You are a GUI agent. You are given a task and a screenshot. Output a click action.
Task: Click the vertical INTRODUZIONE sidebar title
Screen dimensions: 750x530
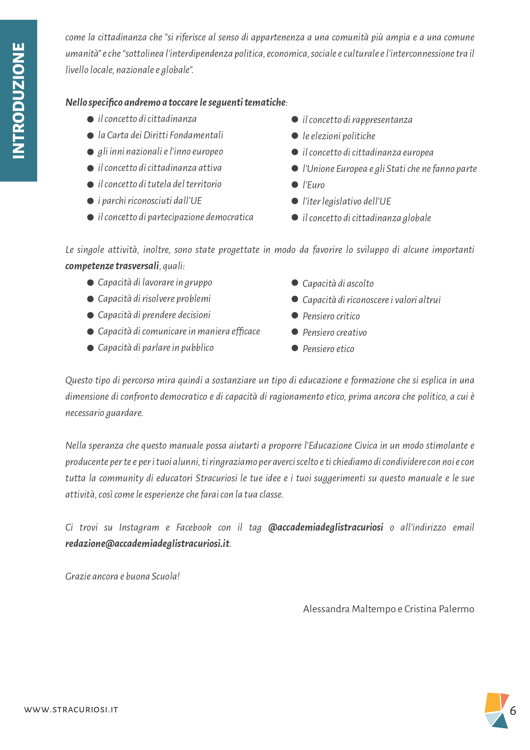18,100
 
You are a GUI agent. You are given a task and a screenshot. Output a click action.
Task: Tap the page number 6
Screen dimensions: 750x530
513,710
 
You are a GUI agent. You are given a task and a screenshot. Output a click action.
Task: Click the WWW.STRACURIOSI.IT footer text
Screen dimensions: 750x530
71,710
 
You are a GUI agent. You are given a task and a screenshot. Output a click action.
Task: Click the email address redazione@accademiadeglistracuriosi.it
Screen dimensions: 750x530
147,544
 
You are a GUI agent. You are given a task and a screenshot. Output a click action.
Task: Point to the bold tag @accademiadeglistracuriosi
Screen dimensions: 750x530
325,527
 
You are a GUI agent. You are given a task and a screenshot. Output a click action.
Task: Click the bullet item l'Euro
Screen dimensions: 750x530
313,185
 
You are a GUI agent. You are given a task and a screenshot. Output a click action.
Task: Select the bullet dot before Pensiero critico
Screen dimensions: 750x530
295,315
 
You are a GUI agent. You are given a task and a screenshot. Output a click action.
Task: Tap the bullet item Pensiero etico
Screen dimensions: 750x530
328,349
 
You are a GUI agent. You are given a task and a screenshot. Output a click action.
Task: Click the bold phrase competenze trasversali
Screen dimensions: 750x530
112,266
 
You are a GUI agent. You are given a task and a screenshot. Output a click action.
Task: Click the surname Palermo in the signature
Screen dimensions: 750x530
456,609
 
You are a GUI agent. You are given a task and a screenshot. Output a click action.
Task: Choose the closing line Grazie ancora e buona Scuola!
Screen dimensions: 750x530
122,576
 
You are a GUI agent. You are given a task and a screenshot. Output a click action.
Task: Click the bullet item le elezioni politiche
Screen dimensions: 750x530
339,136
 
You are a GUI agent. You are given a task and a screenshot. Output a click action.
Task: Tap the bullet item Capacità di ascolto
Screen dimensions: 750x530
338,284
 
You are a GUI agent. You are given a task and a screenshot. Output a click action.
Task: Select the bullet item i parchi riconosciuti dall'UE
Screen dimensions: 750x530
150,201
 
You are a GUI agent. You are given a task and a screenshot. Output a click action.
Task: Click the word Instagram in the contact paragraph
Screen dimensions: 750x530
139,527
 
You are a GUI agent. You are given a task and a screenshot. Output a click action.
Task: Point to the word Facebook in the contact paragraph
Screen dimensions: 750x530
194,527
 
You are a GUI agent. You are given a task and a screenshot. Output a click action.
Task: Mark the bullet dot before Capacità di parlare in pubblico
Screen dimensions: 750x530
90,348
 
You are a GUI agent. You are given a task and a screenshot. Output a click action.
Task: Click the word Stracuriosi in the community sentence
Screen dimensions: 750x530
216,478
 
